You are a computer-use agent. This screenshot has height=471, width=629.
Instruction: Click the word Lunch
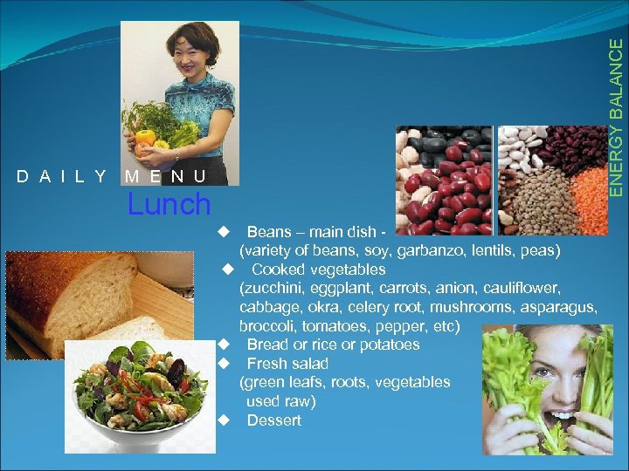coord(169,205)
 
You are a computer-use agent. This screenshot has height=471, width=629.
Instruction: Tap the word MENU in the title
coord(165,177)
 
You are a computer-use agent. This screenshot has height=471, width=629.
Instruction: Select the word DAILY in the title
coord(61,177)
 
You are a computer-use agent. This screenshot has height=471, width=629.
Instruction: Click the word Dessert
coord(273,420)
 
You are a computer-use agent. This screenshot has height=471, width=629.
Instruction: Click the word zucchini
coord(280,288)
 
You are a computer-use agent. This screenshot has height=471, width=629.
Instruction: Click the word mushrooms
coord(460,307)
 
